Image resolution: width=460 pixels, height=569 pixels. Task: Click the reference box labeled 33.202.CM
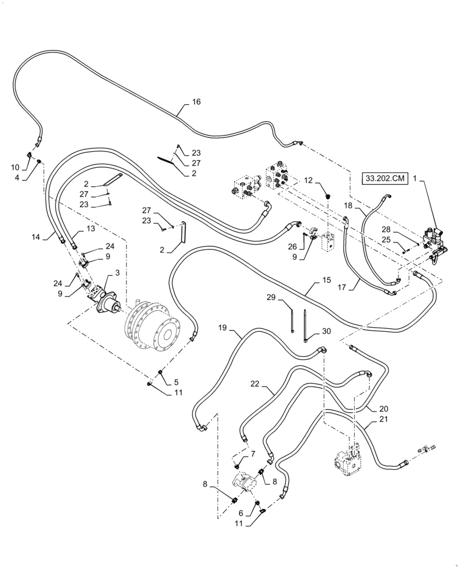point(384,179)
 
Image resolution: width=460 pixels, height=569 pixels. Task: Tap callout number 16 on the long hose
point(196,102)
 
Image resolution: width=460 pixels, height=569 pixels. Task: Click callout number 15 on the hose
point(326,281)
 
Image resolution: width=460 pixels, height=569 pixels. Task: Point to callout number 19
point(223,328)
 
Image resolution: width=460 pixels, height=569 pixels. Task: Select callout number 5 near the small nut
point(176,383)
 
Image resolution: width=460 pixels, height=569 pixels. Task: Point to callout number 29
point(272,297)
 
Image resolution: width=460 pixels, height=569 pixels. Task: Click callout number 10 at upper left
point(15,168)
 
